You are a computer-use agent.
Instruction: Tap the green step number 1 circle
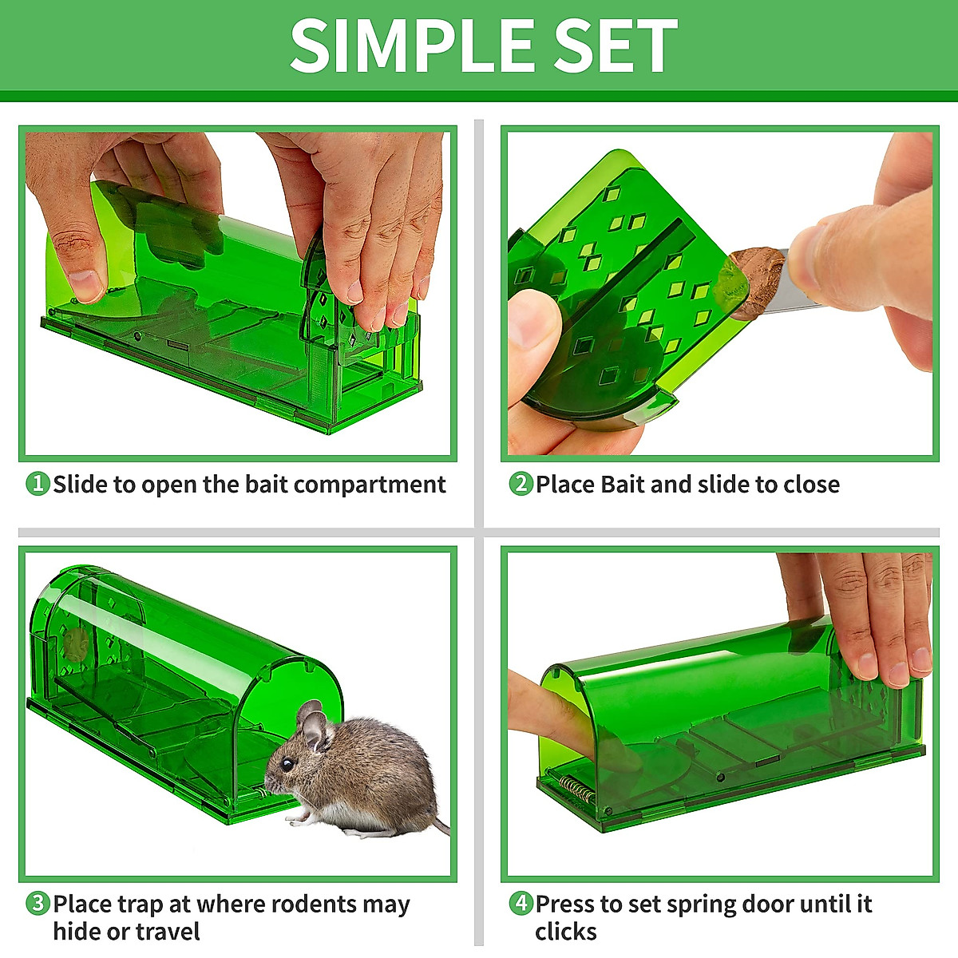coord(38,484)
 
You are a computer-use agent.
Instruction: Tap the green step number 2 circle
coord(521,484)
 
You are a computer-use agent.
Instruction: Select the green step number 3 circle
coord(38,904)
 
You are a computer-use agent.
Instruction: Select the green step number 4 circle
coord(521,904)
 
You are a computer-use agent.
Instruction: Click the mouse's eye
coord(285,764)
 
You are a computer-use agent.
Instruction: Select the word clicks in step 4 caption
coord(565,932)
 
